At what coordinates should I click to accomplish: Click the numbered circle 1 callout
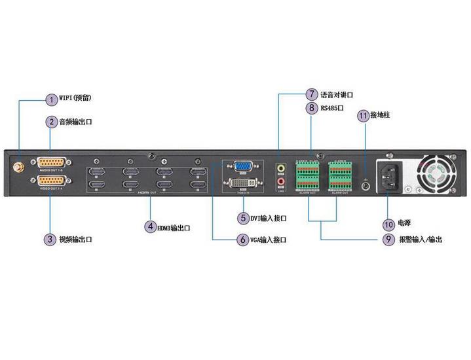(x=51, y=99)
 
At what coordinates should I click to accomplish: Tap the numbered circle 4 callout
(x=151, y=227)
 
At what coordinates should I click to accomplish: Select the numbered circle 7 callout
(x=311, y=95)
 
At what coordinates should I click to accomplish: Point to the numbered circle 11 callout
(x=363, y=115)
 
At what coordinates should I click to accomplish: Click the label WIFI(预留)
(x=75, y=98)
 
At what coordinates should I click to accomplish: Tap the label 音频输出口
(x=75, y=122)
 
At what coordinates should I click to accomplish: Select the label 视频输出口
(x=75, y=240)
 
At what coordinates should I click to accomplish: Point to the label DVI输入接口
(x=268, y=218)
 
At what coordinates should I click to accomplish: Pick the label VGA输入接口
(x=268, y=240)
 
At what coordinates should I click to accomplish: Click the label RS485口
(x=332, y=107)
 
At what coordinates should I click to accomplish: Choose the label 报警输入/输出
(x=420, y=240)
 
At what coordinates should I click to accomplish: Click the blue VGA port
(x=244, y=166)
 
